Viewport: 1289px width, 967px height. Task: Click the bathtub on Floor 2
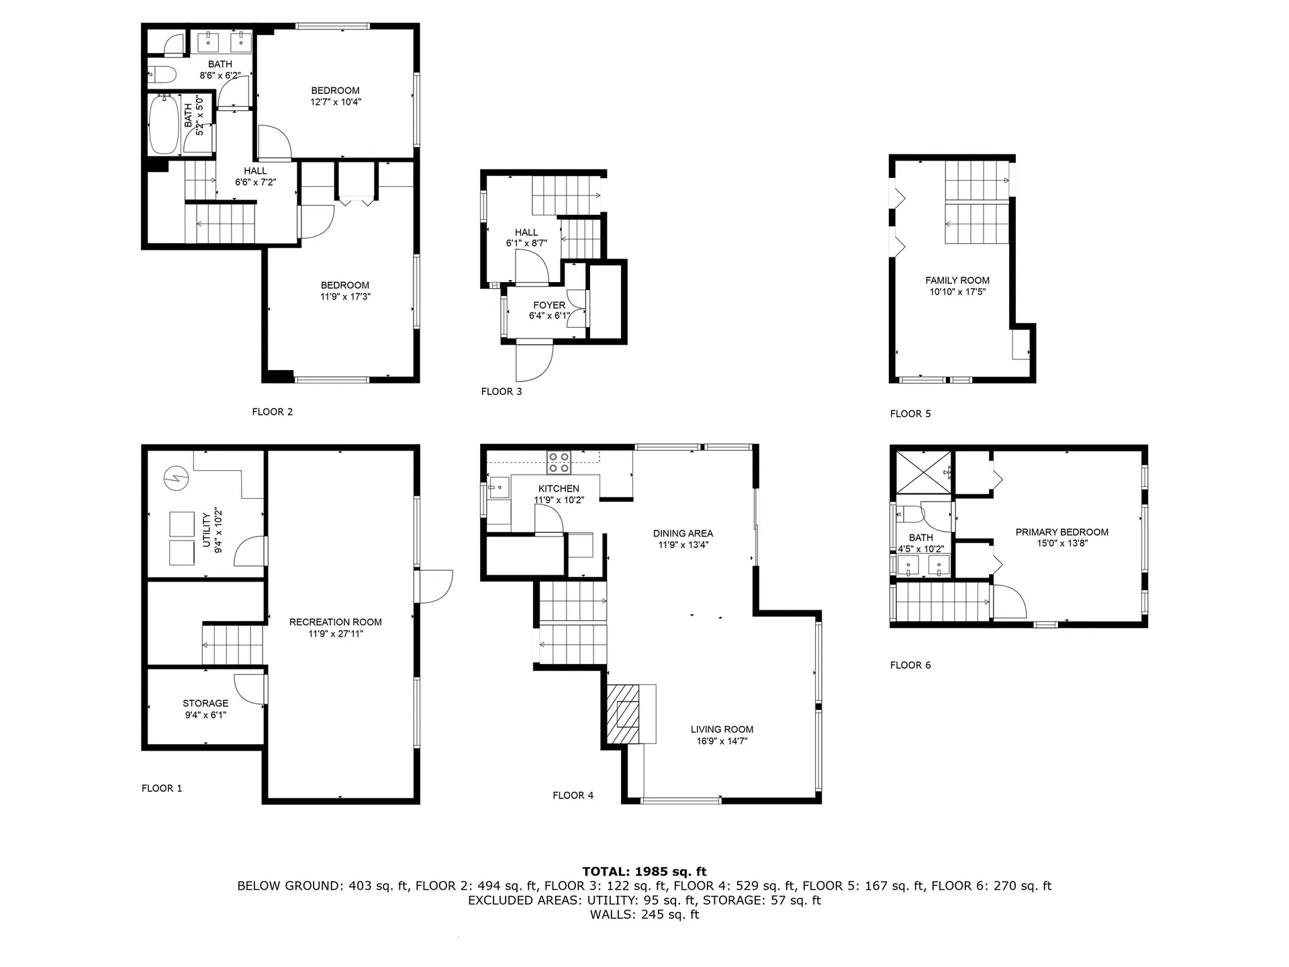point(164,126)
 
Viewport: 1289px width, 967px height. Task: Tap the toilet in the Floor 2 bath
point(162,73)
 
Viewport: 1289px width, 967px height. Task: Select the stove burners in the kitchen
point(559,463)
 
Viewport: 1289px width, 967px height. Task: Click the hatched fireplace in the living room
point(624,714)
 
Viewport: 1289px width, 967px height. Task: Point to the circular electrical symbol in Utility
point(176,479)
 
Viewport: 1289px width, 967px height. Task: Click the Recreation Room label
point(335,622)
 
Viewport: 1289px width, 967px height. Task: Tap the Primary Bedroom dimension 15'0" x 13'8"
point(1061,543)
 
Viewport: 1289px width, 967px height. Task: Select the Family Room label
point(957,280)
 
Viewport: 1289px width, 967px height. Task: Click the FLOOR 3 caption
point(501,392)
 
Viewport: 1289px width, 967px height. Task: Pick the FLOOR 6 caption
point(910,665)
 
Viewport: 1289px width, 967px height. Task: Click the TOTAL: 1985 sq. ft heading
point(644,871)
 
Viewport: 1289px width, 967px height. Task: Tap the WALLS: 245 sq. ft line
point(644,914)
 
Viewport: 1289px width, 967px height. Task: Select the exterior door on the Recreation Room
point(436,586)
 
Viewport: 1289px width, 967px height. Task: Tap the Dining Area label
point(683,533)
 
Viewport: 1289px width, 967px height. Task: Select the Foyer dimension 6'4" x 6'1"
point(549,316)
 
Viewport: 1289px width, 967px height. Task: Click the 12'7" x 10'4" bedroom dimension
point(336,102)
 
